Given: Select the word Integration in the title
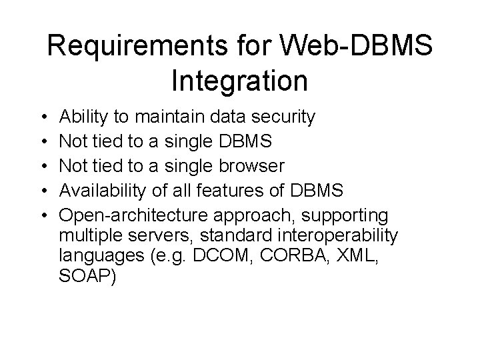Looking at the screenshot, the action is tap(239, 81).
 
